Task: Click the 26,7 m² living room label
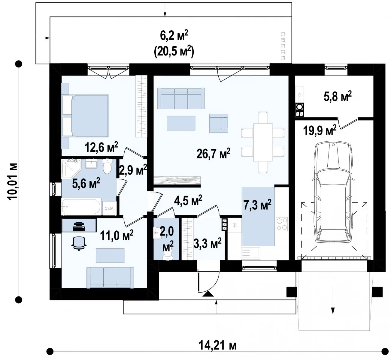(213, 154)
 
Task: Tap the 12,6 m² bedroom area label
(102, 147)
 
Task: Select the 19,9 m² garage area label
(320, 130)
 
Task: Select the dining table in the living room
(263, 142)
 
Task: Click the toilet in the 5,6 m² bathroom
(107, 166)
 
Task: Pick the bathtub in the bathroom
(81, 207)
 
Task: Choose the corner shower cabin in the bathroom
(71, 169)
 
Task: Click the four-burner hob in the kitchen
(282, 224)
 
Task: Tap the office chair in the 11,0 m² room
(79, 243)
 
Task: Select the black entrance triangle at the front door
(208, 294)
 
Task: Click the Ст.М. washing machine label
(109, 208)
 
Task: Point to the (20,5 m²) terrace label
(174, 52)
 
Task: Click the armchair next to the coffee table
(219, 123)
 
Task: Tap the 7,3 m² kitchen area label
(257, 205)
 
